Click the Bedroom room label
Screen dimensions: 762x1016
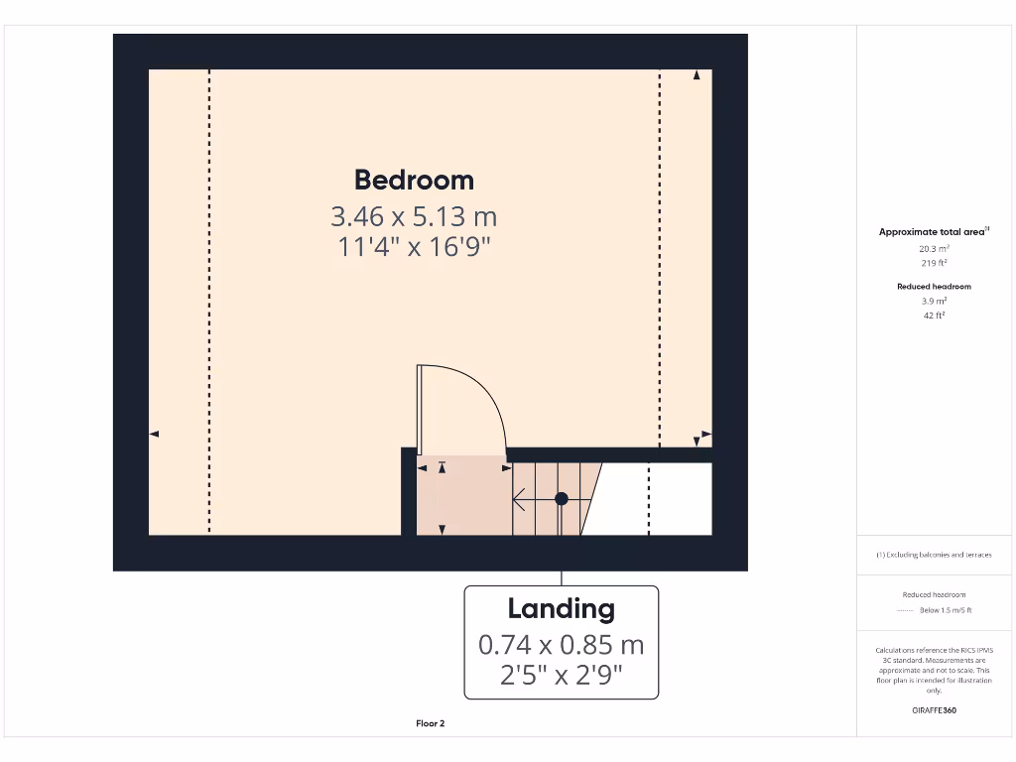pyautogui.click(x=414, y=180)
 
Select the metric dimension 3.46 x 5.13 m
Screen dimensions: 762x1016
pyautogui.click(x=414, y=215)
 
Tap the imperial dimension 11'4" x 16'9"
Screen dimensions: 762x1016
pyautogui.click(x=414, y=246)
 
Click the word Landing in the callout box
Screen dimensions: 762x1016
pyautogui.click(x=561, y=608)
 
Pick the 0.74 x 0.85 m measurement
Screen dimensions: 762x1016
pyautogui.click(x=561, y=645)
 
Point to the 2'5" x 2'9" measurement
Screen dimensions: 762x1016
pyautogui.click(x=561, y=676)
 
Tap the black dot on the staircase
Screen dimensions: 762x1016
pyautogui.click(x=561, y=499)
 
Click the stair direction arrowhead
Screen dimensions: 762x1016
pyautogui.click(x=517, y=499)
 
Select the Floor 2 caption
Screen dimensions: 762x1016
pyautogui.click(x=430, y=723)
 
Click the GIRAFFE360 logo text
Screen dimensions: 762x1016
pyautogui.click(x=933, y=709)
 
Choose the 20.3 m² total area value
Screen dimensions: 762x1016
pyautogui.click(x=933, y=250)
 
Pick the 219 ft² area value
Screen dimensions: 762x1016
pyautogui.click(x=933, y=264)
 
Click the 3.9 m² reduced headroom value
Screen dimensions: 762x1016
pyautogui.click(x=933, y=301)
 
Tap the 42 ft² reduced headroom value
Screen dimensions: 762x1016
pyautogui.click(x=933, y=315)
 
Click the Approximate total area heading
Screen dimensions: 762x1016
pyautogui.click(x=933, y=232)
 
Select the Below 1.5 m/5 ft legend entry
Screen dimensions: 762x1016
pyautogui.click(x=945, y=610)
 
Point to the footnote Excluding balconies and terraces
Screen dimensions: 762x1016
pyautogui.click(x=933, y=555)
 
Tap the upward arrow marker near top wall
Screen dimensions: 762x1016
pyautogui.click(x=697, y=75)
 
